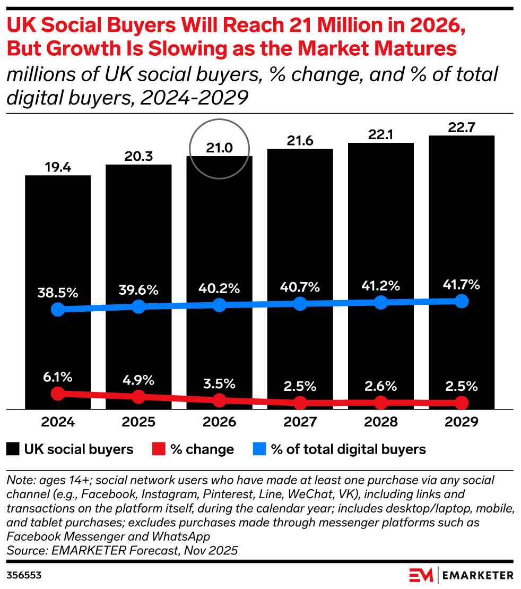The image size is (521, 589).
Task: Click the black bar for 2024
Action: pos(58,292)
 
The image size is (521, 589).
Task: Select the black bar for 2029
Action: pos(462,272)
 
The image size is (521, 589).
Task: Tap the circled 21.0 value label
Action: pos(219,148)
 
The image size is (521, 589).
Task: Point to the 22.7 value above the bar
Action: pos(462,127)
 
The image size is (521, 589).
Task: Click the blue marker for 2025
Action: pos(138,306)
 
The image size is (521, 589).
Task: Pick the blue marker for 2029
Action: pos(462,301)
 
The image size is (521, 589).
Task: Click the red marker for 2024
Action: pos(58,394)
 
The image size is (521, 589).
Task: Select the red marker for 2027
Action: pos(300,403)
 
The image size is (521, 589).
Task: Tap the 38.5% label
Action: pos(58,293)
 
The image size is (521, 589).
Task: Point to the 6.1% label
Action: pos(58,377)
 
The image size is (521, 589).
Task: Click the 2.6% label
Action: pos(380,386)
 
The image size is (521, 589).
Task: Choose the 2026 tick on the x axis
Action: pos(219,422)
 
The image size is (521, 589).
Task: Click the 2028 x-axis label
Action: pos(380,422)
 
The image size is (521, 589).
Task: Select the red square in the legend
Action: pos(159,449)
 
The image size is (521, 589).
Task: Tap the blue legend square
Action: pos(259,449)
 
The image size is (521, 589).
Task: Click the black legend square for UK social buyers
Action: pos(13,449)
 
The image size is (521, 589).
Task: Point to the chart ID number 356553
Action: pos(24,576)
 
